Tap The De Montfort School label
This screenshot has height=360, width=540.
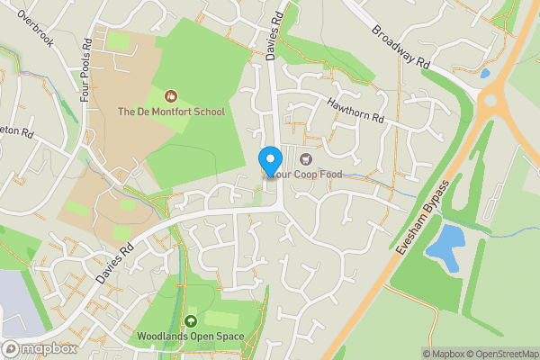[171, 112]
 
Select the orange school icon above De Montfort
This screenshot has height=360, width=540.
[170, 95]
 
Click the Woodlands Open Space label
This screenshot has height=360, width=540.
[190, 337]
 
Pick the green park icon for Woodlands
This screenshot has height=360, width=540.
[190, 321]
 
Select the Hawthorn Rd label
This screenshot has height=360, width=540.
[355, 111]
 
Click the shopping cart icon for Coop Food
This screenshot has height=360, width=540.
[292, 159]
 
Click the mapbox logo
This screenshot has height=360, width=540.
[39, 348]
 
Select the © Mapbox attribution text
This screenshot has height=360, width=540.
[441, 354]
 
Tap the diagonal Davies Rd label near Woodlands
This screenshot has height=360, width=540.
[114, 261]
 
